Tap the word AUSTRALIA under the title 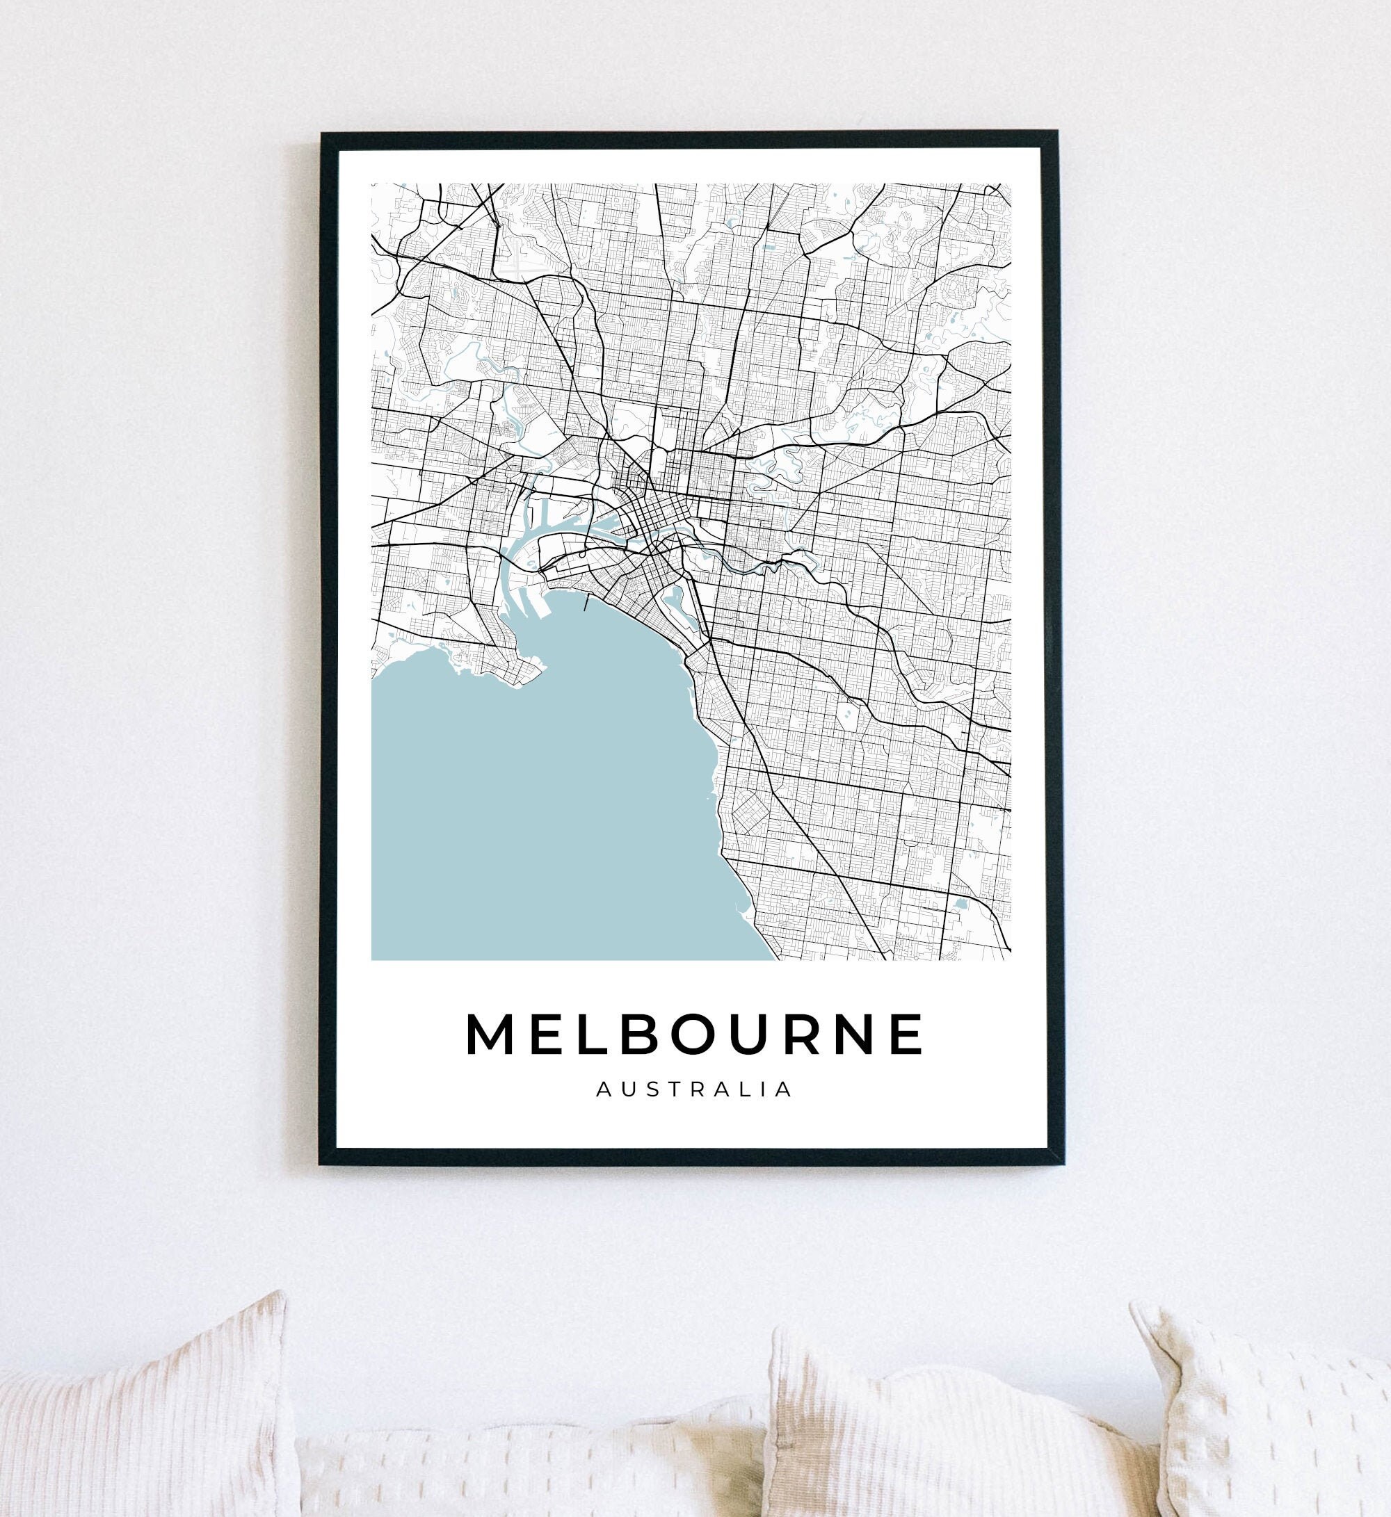(694, 1089)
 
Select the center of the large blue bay (542, 813)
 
